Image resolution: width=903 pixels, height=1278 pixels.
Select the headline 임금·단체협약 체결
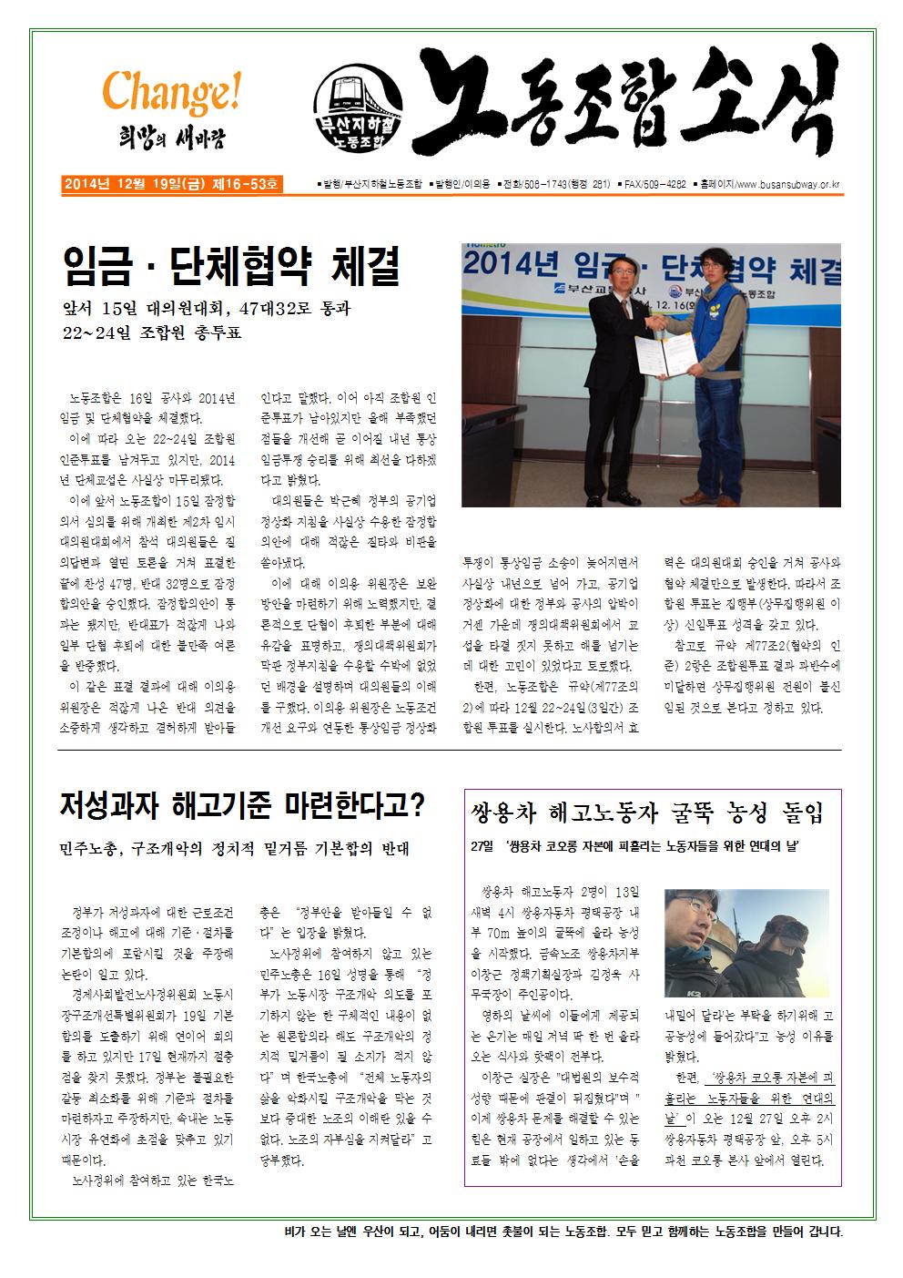point(231,264)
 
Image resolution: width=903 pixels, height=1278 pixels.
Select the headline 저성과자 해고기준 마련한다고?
point(242,805)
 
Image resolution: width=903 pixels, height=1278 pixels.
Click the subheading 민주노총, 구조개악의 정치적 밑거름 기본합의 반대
point(235,849)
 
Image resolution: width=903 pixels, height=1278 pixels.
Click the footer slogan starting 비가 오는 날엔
point(563,1232)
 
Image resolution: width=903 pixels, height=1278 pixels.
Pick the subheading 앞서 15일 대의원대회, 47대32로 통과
point(206,309)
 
